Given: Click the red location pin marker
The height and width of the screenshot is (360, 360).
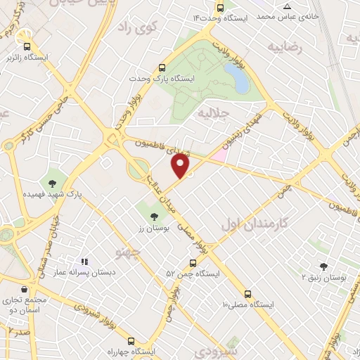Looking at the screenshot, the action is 181,166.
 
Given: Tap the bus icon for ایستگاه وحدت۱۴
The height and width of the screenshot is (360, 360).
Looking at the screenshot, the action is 221,8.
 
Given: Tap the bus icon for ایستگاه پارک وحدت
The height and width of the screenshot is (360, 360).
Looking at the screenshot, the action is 162,68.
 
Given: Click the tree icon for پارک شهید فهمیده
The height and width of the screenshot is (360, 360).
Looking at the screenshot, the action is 52,184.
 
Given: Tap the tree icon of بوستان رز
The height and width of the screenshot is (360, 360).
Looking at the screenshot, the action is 154,217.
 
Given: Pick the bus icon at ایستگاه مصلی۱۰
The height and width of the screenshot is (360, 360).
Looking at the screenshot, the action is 247,294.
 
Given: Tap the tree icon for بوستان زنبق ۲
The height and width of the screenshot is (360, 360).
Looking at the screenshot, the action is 323,266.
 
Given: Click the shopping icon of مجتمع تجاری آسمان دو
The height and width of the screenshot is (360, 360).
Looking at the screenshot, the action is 25,289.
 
